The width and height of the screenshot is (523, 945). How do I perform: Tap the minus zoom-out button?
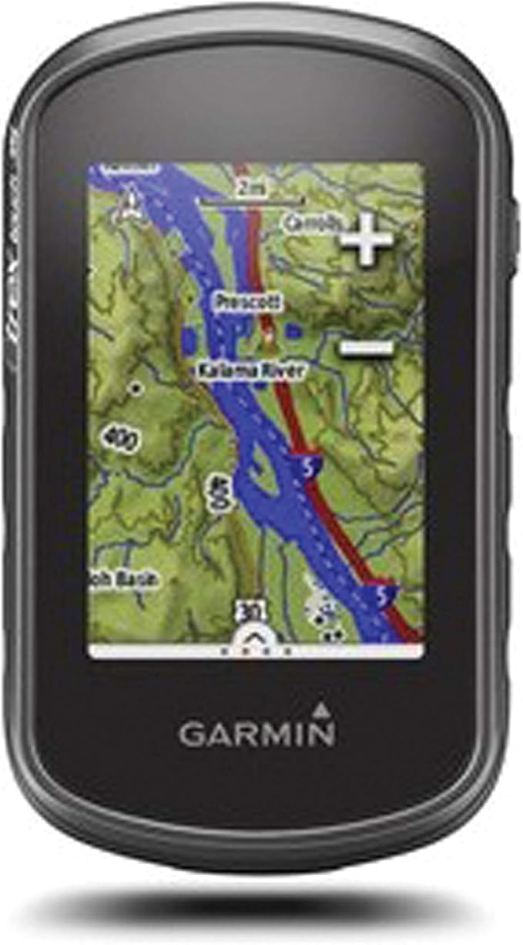pyautogui.click(x=367, y=348)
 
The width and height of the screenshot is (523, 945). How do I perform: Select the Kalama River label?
pyautogui.click(x=251, y=370)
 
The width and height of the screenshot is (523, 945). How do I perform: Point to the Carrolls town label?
pyautogui.click(x=312, y=223)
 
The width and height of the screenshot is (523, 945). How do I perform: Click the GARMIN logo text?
pyautogui.click(x=257, y=734)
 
